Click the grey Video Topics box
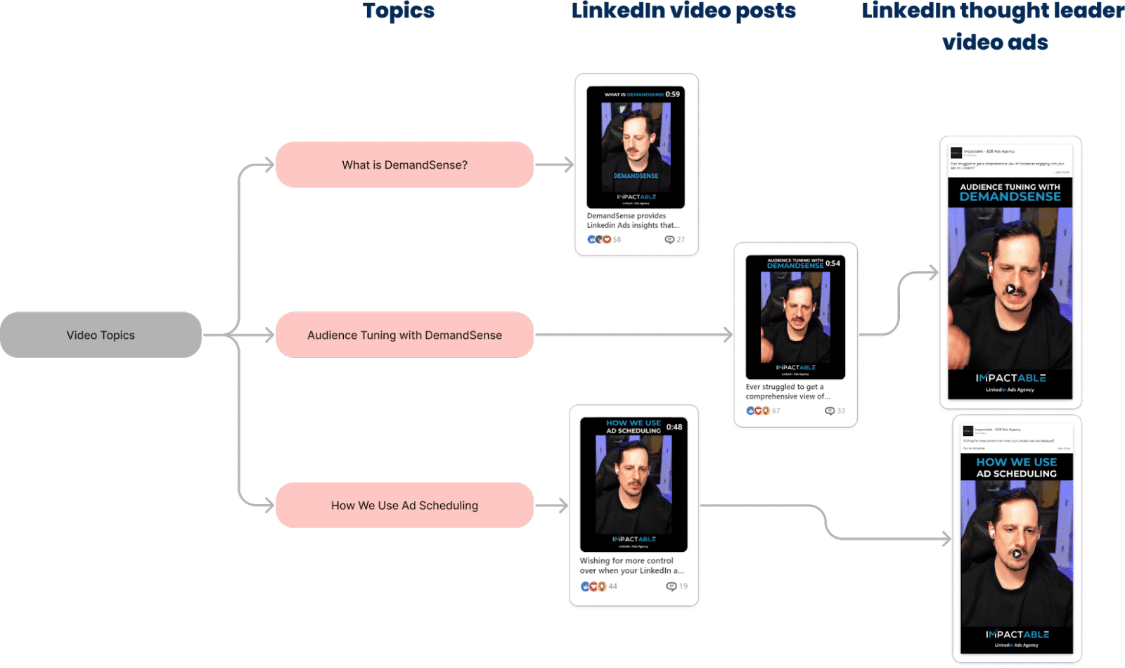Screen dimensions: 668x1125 point(101,335)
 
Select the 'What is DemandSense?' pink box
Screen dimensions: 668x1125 point(404,165)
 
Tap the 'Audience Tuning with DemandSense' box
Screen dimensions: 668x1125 point(404,335)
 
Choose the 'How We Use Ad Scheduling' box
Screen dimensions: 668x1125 point(404,506)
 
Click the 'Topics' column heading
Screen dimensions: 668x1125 point(399,11)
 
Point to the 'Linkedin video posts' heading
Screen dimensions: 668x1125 point(683,11)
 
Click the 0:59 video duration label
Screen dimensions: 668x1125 point(673,94)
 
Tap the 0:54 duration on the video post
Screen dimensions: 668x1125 point(832,263)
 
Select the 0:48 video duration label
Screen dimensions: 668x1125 point(674,427)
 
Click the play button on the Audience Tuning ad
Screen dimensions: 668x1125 point(1010,288)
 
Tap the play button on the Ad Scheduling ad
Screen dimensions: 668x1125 point(1017,553)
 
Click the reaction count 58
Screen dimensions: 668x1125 point(617,240)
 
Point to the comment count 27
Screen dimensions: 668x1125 point(680,240)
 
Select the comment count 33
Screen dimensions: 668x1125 point(840,411)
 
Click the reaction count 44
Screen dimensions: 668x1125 point(612,586)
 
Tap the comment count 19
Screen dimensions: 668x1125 point(683,586)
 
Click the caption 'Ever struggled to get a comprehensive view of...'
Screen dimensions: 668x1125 point(787,392)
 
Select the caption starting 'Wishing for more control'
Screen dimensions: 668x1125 point(631,565)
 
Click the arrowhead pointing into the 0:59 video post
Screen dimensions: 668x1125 point(569,165)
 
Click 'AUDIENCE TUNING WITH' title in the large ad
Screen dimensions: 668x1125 point(1010,187)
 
